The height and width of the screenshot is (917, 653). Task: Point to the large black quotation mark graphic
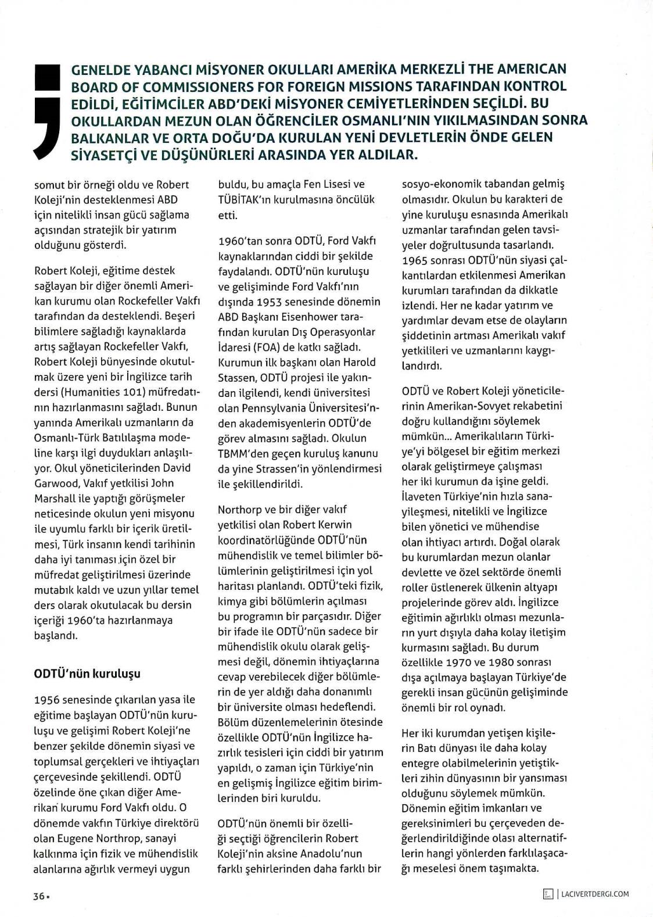(x=47, y=110)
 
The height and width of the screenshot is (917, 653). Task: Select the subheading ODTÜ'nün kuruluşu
(x=87, y=674)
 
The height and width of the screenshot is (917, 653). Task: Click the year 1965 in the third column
(x=415, y=260)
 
